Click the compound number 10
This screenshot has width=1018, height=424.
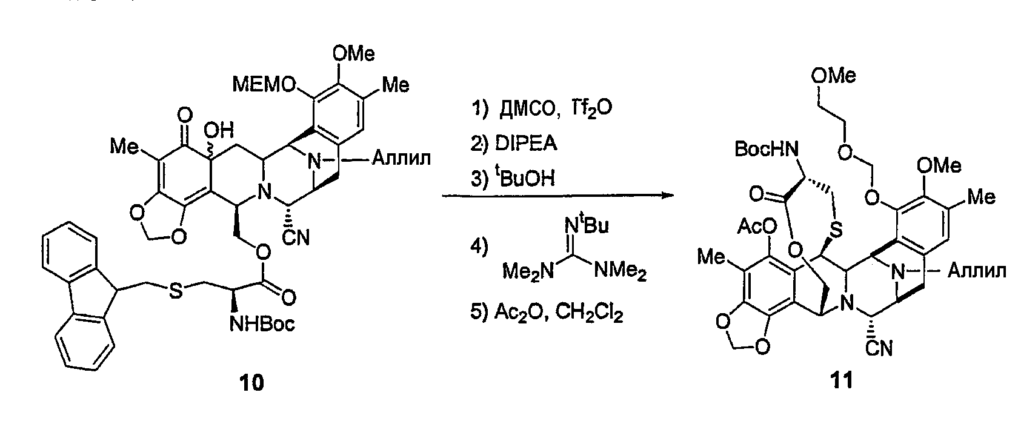(251, 383)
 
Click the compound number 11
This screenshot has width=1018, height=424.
(842, 380)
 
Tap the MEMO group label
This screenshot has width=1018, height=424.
(264, 84)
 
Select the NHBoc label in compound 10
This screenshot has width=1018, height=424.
(262, 324)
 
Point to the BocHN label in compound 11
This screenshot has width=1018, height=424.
(767, 148)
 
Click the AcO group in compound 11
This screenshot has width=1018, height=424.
(757, 226)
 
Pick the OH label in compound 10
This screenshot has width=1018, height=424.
(219, 130)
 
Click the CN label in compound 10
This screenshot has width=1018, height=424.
(296, 237)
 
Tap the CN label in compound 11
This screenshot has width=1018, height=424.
(879, 348)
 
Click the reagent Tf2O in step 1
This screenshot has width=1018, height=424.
(591, 109)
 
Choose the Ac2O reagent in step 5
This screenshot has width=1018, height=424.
(521, 313)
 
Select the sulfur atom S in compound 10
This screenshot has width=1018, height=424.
(176, 291)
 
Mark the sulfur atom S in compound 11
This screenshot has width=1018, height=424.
(836, 230)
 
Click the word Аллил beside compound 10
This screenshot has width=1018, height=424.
(401, 159)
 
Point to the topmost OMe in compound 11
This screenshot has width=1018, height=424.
(834, 75)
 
